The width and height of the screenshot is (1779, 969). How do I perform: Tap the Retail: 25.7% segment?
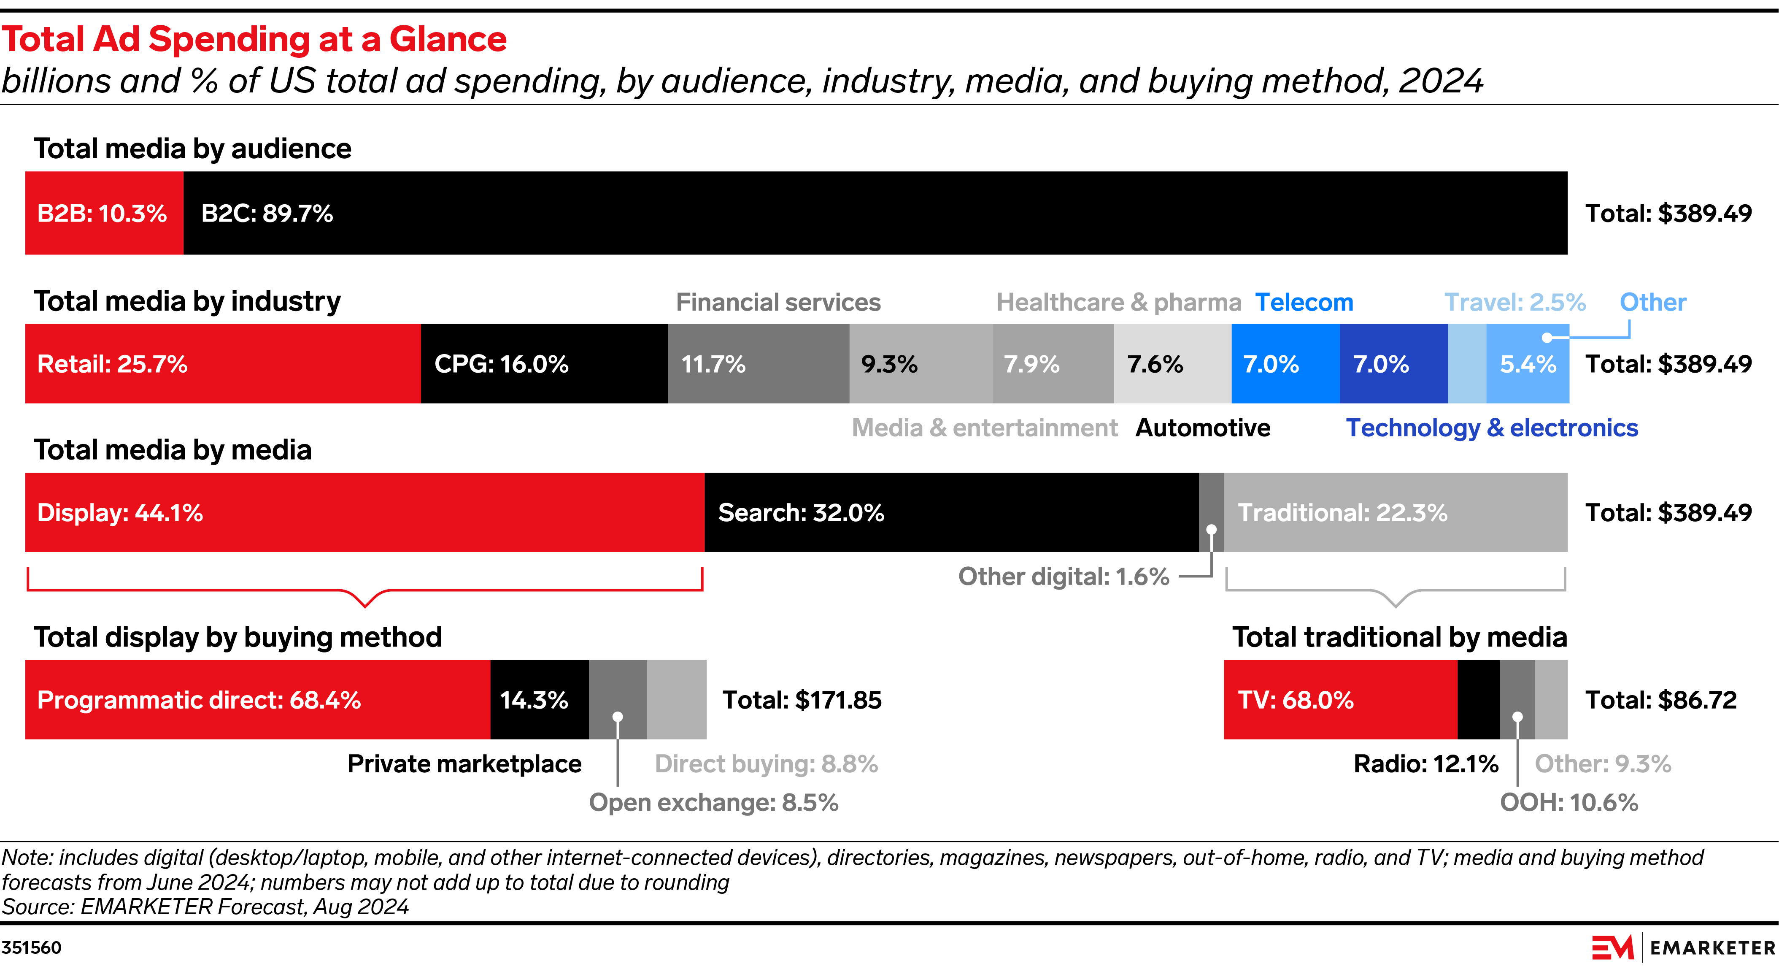(x=222, y=363)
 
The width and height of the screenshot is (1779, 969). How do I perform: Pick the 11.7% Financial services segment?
(x=758, y=363)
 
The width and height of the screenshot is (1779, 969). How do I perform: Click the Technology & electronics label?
(x=1492, y=428)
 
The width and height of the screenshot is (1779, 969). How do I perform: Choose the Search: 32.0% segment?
(x=951, y=512)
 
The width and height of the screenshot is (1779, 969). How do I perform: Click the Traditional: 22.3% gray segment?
(x=1395, y=512)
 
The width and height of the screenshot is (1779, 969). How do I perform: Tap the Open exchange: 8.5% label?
(x=713, y=803)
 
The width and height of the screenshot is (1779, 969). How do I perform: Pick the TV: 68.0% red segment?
(x=1340, y=700)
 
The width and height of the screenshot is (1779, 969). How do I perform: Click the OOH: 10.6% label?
(x=1568, y=803)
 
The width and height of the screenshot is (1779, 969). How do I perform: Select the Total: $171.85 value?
(x=802, y=700)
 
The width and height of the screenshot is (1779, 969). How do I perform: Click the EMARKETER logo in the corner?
(x=1683, y=947)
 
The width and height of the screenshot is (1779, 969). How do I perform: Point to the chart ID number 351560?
(x=32, y=947)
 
